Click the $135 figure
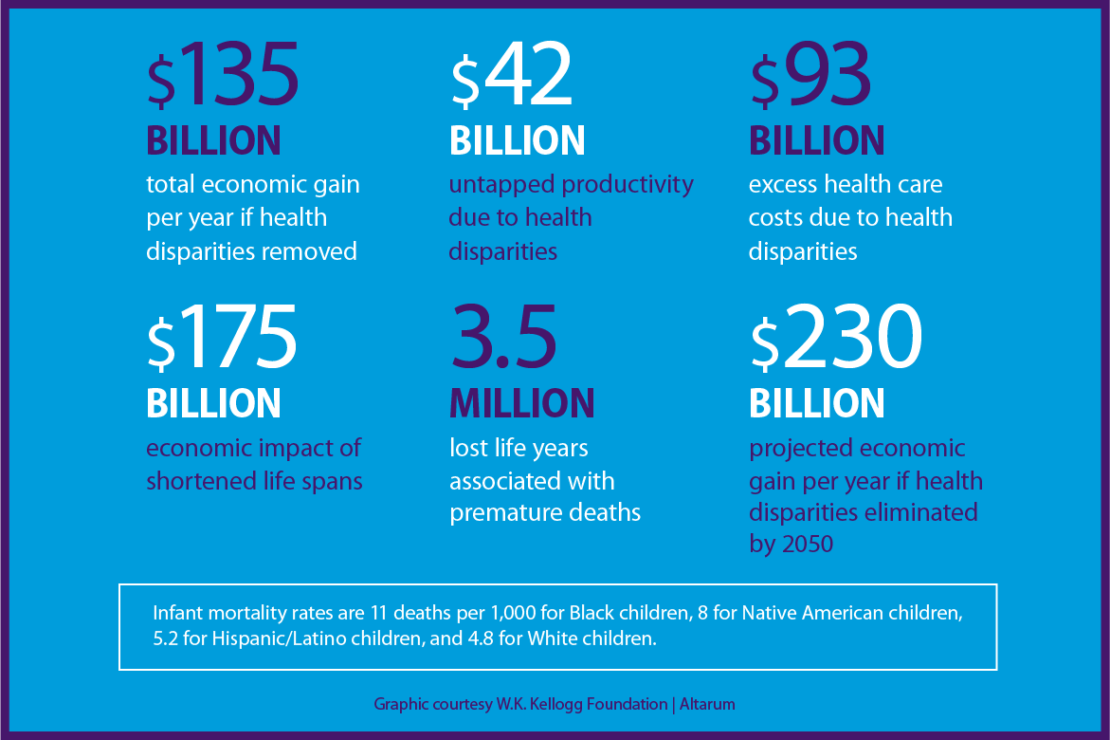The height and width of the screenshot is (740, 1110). tap(224, 77)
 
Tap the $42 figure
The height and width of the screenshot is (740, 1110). tap(512, 77)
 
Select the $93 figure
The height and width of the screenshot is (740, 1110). tap(810, 77)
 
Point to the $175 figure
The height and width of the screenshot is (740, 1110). tap(223, 340)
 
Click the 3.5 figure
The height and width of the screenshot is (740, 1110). tap(503, 340)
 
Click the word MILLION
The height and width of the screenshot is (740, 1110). tap(522, 403)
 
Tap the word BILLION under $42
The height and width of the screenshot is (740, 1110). tap(518, 140)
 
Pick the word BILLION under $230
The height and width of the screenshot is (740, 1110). tap(817, 403)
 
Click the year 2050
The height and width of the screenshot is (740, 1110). tap(805, 546)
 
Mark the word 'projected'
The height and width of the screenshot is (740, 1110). tap(797, 449)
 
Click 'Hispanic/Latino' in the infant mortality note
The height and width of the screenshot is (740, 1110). tap(246, 638)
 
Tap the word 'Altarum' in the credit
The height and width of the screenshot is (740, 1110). tap(708, 704)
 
